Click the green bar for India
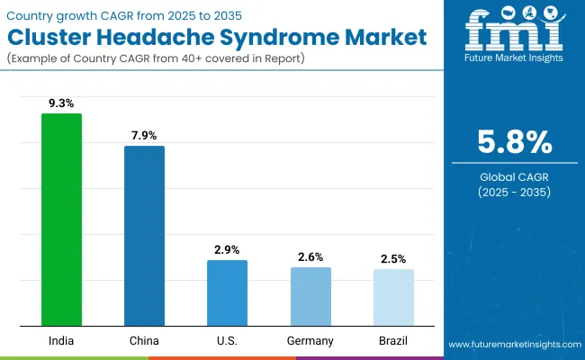click(x=61, y=220)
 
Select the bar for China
click(x=144, y=236)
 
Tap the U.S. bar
click(x=227, y=292)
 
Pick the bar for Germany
click(x=310, y=296)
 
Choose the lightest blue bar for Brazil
click(x=393, y=297)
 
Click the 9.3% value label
click(x=61, y=103)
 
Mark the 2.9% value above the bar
click(x=227, y=249)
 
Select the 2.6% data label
click(x=310, y=256)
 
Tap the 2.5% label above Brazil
click(x=393, y=258)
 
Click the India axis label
click(x=61, y=341)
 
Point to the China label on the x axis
click(x=144, y=341)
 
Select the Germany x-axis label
click(x=310, y=341)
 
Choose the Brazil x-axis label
click(x=393, y=341)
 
